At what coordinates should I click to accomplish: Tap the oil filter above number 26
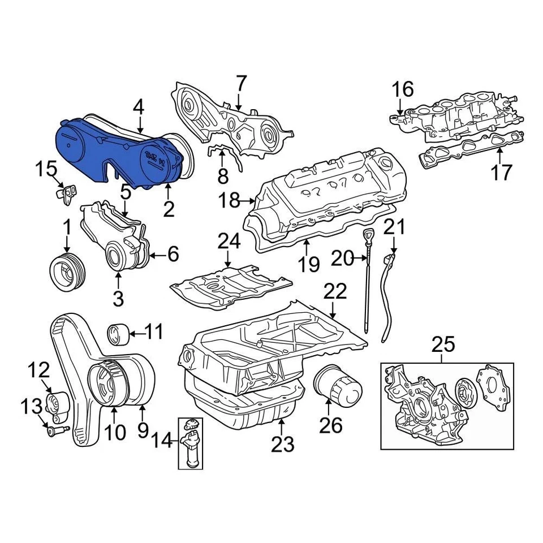(337, 384)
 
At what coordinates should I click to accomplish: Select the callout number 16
(403, 89)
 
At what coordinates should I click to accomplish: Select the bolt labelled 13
(55, 430)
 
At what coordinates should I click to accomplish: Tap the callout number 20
(342, 259)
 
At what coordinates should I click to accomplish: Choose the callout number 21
(395, 228)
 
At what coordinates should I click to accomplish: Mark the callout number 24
(229, 243)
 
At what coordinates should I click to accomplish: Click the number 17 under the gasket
(501, 172)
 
